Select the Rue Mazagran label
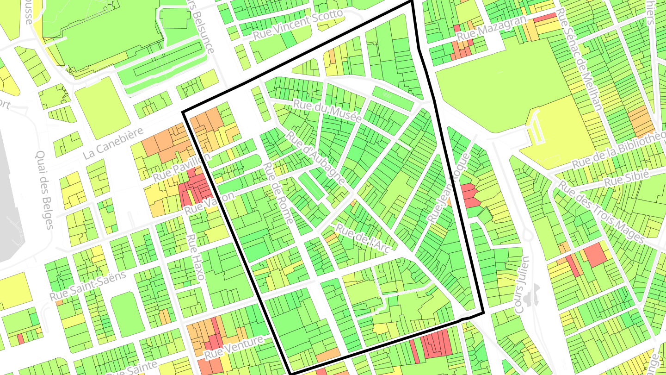click(491, 29)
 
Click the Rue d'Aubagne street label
click(316, 158)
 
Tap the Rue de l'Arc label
click(364, 238)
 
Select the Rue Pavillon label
click(181, 167)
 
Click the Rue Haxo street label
click(195, 258)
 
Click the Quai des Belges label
click(44, 190)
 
